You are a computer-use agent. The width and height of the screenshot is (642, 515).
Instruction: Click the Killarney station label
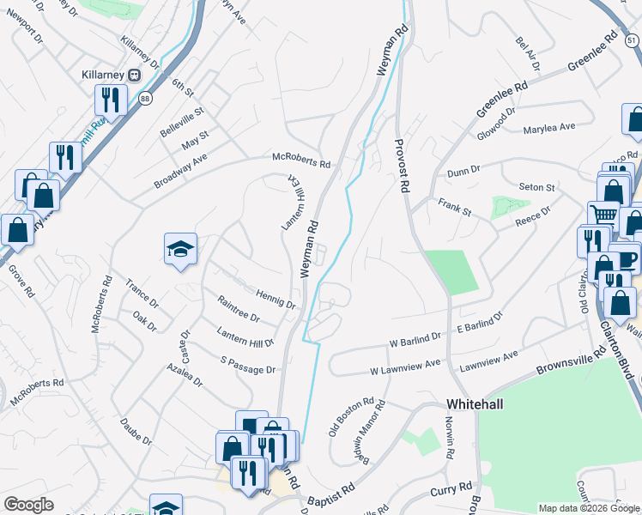[x=103, y=75]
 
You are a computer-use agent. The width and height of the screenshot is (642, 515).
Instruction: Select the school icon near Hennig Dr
[x=180, y=250]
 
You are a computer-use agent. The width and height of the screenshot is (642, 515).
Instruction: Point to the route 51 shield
[x=632, y=40]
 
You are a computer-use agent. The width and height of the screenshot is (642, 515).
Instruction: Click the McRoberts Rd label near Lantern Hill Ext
[x=301, y=161]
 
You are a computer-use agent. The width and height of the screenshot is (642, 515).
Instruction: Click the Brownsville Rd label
[x=566, y=371]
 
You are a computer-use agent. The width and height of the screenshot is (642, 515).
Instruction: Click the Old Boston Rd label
[x=352, y=415]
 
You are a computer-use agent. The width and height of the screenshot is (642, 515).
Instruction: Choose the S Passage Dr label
[x=248, y=367]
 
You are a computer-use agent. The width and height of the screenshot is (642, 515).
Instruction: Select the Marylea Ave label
[x=548, y=128]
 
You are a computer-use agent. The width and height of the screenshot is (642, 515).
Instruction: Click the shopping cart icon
[x=603, y=215]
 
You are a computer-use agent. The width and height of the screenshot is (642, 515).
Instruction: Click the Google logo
[x=29, y=505]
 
